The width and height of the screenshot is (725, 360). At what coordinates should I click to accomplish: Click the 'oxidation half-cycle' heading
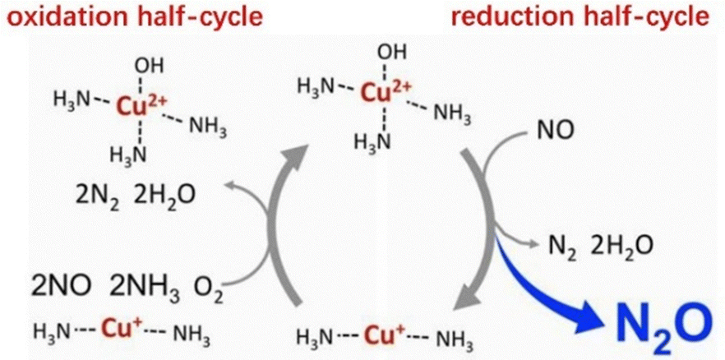click(132, 17)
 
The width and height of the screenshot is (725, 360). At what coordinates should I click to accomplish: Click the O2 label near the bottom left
click(208, 290)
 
